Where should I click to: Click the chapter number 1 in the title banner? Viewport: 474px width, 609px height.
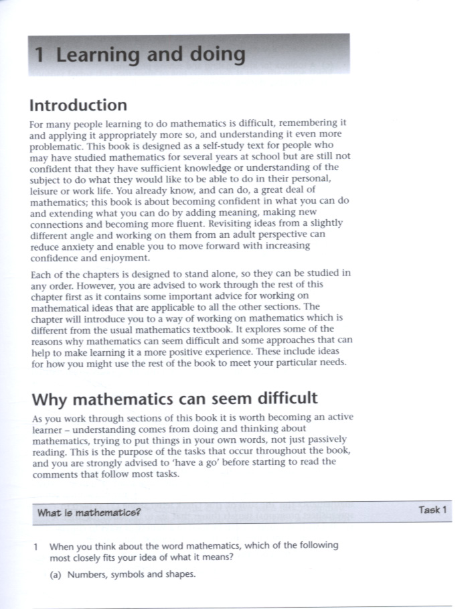point(42,54)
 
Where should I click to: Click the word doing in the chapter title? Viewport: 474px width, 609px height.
point(213,54)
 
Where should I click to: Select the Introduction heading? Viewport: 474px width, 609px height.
point(78,105)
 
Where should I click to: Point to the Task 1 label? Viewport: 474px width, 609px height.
point(433,510)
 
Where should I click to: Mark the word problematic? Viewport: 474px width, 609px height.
point(59,145)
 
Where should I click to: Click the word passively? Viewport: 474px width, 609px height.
point(327,440)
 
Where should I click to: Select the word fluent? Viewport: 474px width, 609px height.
point(207,222)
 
